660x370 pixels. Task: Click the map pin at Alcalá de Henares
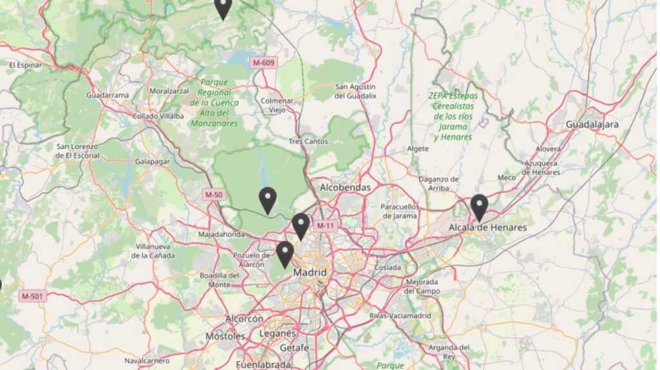(479, 207)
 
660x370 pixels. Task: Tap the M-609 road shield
(264, 63)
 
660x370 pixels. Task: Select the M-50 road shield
(213, 194)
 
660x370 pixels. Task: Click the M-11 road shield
(325, 226)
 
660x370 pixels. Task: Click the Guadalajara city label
(592, 124)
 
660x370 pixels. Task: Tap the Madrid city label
(310, 273)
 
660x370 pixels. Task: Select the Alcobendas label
(345, 188)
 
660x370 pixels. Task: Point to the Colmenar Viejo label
(277, 105)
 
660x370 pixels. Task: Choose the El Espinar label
(25, 65)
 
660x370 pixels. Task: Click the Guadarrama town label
(108, 95)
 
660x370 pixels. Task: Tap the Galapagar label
(152, 161)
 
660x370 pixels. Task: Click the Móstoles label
(226, 336)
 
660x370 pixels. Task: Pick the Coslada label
(387, 267)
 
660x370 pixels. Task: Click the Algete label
(418, 148)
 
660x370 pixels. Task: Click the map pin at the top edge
(223, 8)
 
